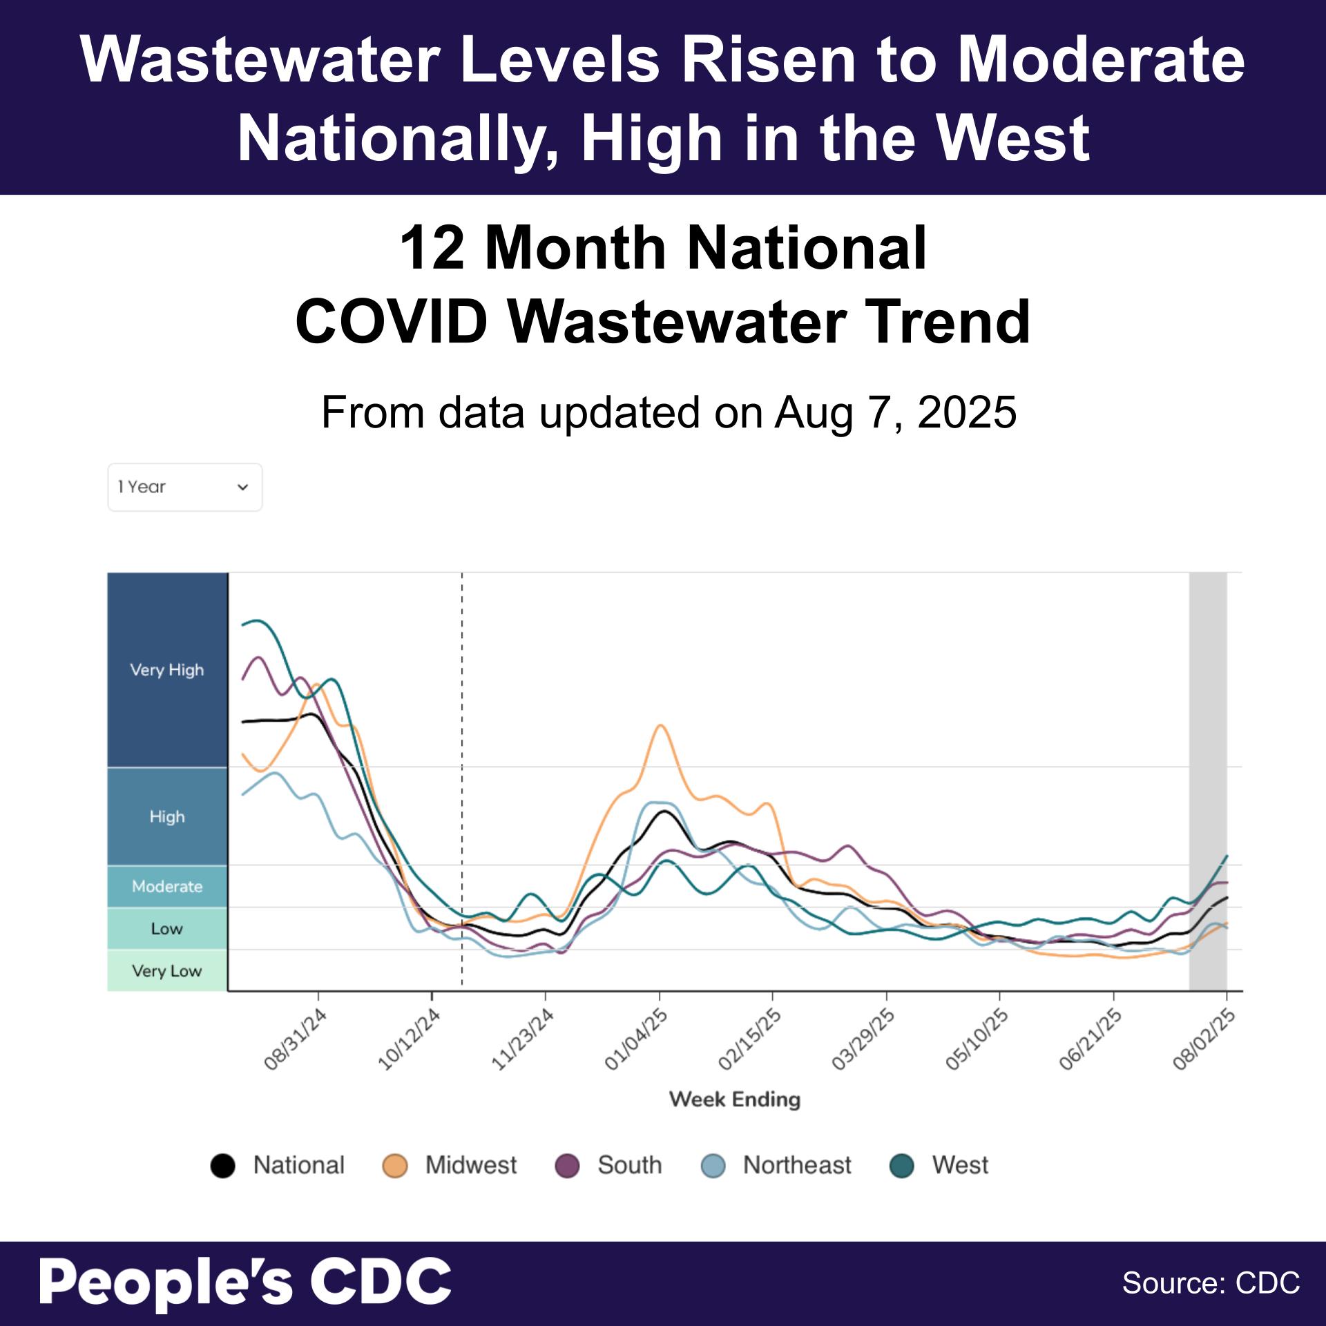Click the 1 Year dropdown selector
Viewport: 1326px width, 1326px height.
point(184,487)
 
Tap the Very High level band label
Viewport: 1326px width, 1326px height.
point(167,670)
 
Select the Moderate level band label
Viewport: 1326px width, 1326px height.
point(167,886)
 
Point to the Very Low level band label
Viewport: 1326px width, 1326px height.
point(167,971)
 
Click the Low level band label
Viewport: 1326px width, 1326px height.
point(167,928)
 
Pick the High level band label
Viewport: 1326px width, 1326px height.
point(167,816)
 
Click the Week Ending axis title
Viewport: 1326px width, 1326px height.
point(734,1099)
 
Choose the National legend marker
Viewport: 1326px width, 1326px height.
point(222,1166)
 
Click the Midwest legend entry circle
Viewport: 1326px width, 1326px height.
point(394,1166)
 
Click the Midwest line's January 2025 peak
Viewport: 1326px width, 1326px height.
point(660,725)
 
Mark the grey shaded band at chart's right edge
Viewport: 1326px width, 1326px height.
point(1208,780)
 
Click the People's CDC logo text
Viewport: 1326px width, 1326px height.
point(245,1282)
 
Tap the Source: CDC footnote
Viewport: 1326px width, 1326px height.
point(1211,1283)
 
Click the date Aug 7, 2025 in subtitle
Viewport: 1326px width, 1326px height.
point(896,413)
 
